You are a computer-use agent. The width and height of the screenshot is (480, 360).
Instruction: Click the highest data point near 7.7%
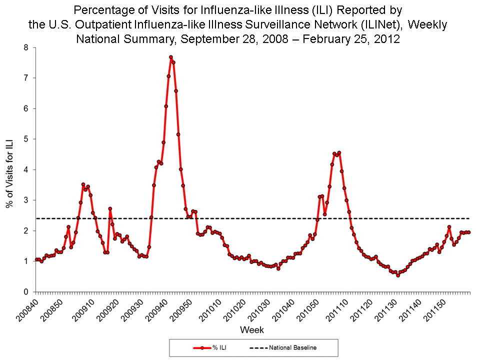pyautogui.click(x=170, y=57)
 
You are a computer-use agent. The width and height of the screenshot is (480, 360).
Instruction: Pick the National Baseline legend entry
pyautogui.click(x=282, y=347)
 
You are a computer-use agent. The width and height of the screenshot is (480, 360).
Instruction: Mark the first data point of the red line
pyautogui.click(x=36, y=259)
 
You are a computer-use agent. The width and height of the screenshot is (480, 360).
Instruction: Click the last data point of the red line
pyautogui.click(x=469, y=232)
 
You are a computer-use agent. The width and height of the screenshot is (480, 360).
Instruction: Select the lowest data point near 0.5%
pyautogui.click(x=398, y=275)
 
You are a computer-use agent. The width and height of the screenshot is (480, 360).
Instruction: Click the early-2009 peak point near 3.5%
pyautogui.click(x=83, y=184)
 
